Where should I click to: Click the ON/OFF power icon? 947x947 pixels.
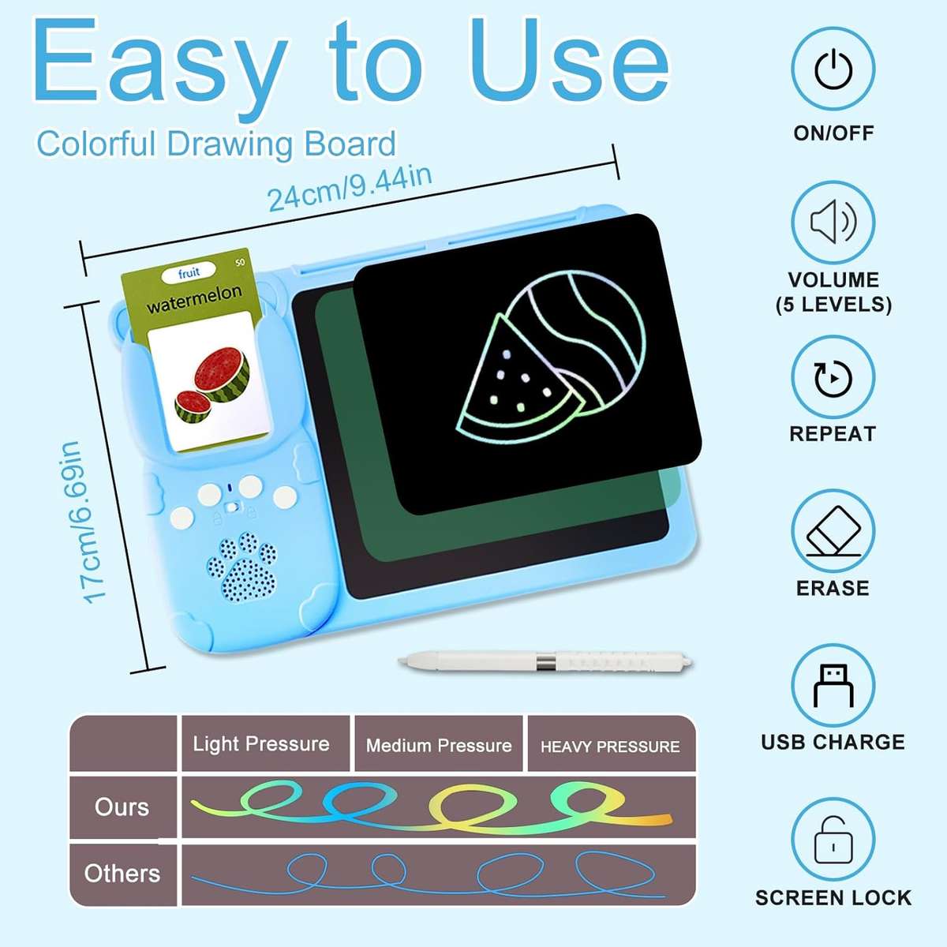click(833, 69)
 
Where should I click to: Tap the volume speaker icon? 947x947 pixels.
click(833, 223)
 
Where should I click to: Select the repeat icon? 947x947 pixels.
click(833, 378)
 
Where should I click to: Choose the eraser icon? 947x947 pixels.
click(833, 532)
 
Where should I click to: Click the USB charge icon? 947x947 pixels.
click(833, 685)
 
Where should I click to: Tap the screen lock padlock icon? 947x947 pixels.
click(833, 840)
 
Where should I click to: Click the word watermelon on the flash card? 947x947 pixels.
click(194, 298)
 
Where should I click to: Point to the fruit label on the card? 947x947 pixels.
click(189, 274)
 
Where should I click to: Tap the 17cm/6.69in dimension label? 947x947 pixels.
click(83, 522)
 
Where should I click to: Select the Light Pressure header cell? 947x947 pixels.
click(261, 744)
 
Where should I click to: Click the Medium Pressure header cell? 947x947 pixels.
click(439, 746)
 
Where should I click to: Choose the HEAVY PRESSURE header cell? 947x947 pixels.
click(610, 747)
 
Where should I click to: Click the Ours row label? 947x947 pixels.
click(122, 807)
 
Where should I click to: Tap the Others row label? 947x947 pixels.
click(122, 874)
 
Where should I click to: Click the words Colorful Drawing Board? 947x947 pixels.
click(216, 144)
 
